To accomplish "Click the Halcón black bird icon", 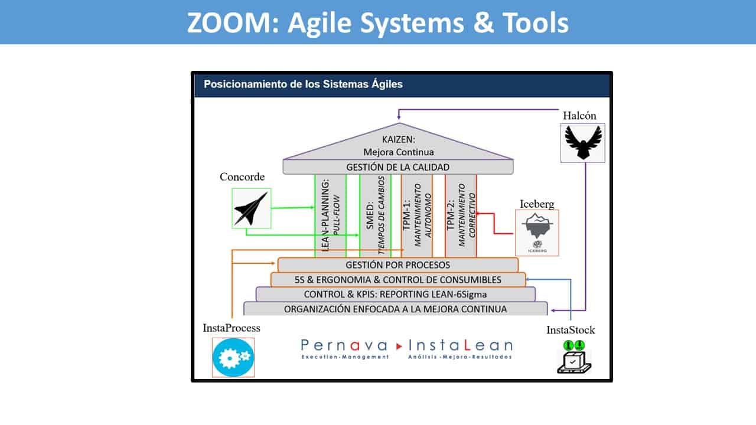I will (x=582, y=142).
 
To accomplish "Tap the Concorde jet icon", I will (x=252, y=208).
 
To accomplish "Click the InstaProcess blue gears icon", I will (x=233, y=357).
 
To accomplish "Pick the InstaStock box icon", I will (x=574, y=357).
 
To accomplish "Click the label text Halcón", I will (x=582, y=116).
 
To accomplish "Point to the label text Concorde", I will (x=242, y=177).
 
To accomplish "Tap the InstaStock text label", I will (x=571, y=330).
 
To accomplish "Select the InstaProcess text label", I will (x=232, y=328).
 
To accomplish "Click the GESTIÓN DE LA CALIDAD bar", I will (x=397, y=167).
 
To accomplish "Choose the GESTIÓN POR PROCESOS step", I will (x=397, y=265).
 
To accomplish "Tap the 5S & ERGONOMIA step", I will (x=397, y=280).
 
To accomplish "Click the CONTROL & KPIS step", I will (x=395, y=294).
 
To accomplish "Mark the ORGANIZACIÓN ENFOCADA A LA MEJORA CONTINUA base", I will (x=395, y=309).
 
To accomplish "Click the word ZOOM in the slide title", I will (x=228, y=23).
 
